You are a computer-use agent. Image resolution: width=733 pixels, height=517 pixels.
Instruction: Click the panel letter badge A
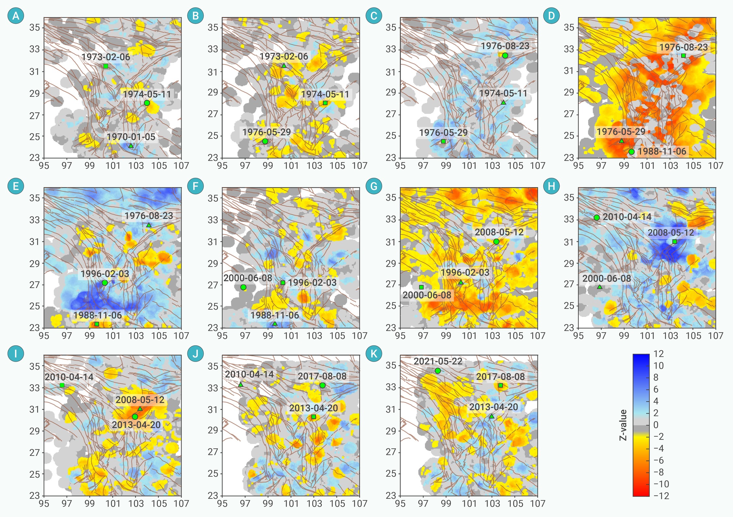16,16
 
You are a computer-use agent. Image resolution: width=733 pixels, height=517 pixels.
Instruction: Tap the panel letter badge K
373,353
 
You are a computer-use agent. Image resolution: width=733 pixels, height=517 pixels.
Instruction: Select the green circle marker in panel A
147,103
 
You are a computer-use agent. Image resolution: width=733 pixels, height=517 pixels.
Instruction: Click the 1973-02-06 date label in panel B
284,57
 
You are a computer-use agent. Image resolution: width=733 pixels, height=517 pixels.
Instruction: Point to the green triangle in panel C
503,102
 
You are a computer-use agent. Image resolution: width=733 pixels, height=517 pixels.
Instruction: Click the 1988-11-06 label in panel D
662,151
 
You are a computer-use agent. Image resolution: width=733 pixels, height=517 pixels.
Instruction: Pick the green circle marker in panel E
105,283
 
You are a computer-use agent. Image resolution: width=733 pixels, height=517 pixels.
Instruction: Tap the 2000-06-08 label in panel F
248,278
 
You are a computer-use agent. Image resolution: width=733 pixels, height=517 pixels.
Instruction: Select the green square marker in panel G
421,287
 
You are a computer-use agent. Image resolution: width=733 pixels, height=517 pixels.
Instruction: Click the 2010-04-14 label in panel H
627,217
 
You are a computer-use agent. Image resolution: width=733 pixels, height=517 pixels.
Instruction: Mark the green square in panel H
674,242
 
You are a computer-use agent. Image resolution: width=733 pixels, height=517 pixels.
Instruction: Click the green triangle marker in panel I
140,409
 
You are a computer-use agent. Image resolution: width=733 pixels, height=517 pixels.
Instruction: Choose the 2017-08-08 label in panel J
322,376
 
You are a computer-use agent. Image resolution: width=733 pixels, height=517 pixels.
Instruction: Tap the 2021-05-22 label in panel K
438,361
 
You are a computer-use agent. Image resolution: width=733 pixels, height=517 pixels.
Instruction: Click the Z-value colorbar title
623,425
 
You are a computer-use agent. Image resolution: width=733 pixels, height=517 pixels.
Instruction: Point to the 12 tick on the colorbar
658,354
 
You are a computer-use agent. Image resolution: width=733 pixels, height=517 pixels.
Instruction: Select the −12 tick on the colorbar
661,496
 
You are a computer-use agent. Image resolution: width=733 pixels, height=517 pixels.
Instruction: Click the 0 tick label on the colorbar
656,425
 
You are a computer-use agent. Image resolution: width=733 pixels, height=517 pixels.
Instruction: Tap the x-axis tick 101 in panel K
469,504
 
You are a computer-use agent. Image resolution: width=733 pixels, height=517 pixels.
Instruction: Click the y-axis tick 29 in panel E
34,263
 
